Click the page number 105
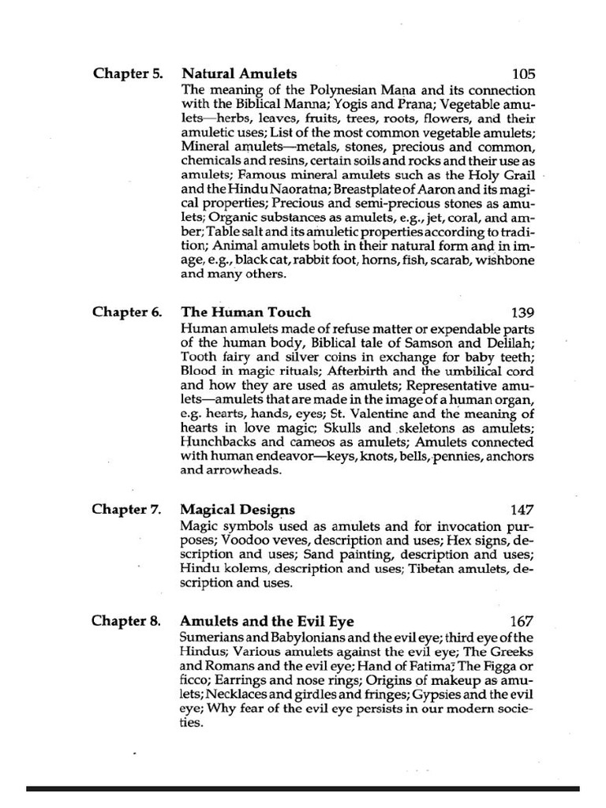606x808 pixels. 523,74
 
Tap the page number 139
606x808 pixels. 523,312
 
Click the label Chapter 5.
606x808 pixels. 128,74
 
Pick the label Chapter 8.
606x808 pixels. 127,621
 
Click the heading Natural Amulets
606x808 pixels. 239,74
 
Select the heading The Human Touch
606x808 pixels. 246,312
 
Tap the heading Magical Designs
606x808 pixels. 238,510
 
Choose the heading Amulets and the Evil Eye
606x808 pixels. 267,621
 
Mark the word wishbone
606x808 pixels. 501,260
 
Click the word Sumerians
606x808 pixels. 215,637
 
